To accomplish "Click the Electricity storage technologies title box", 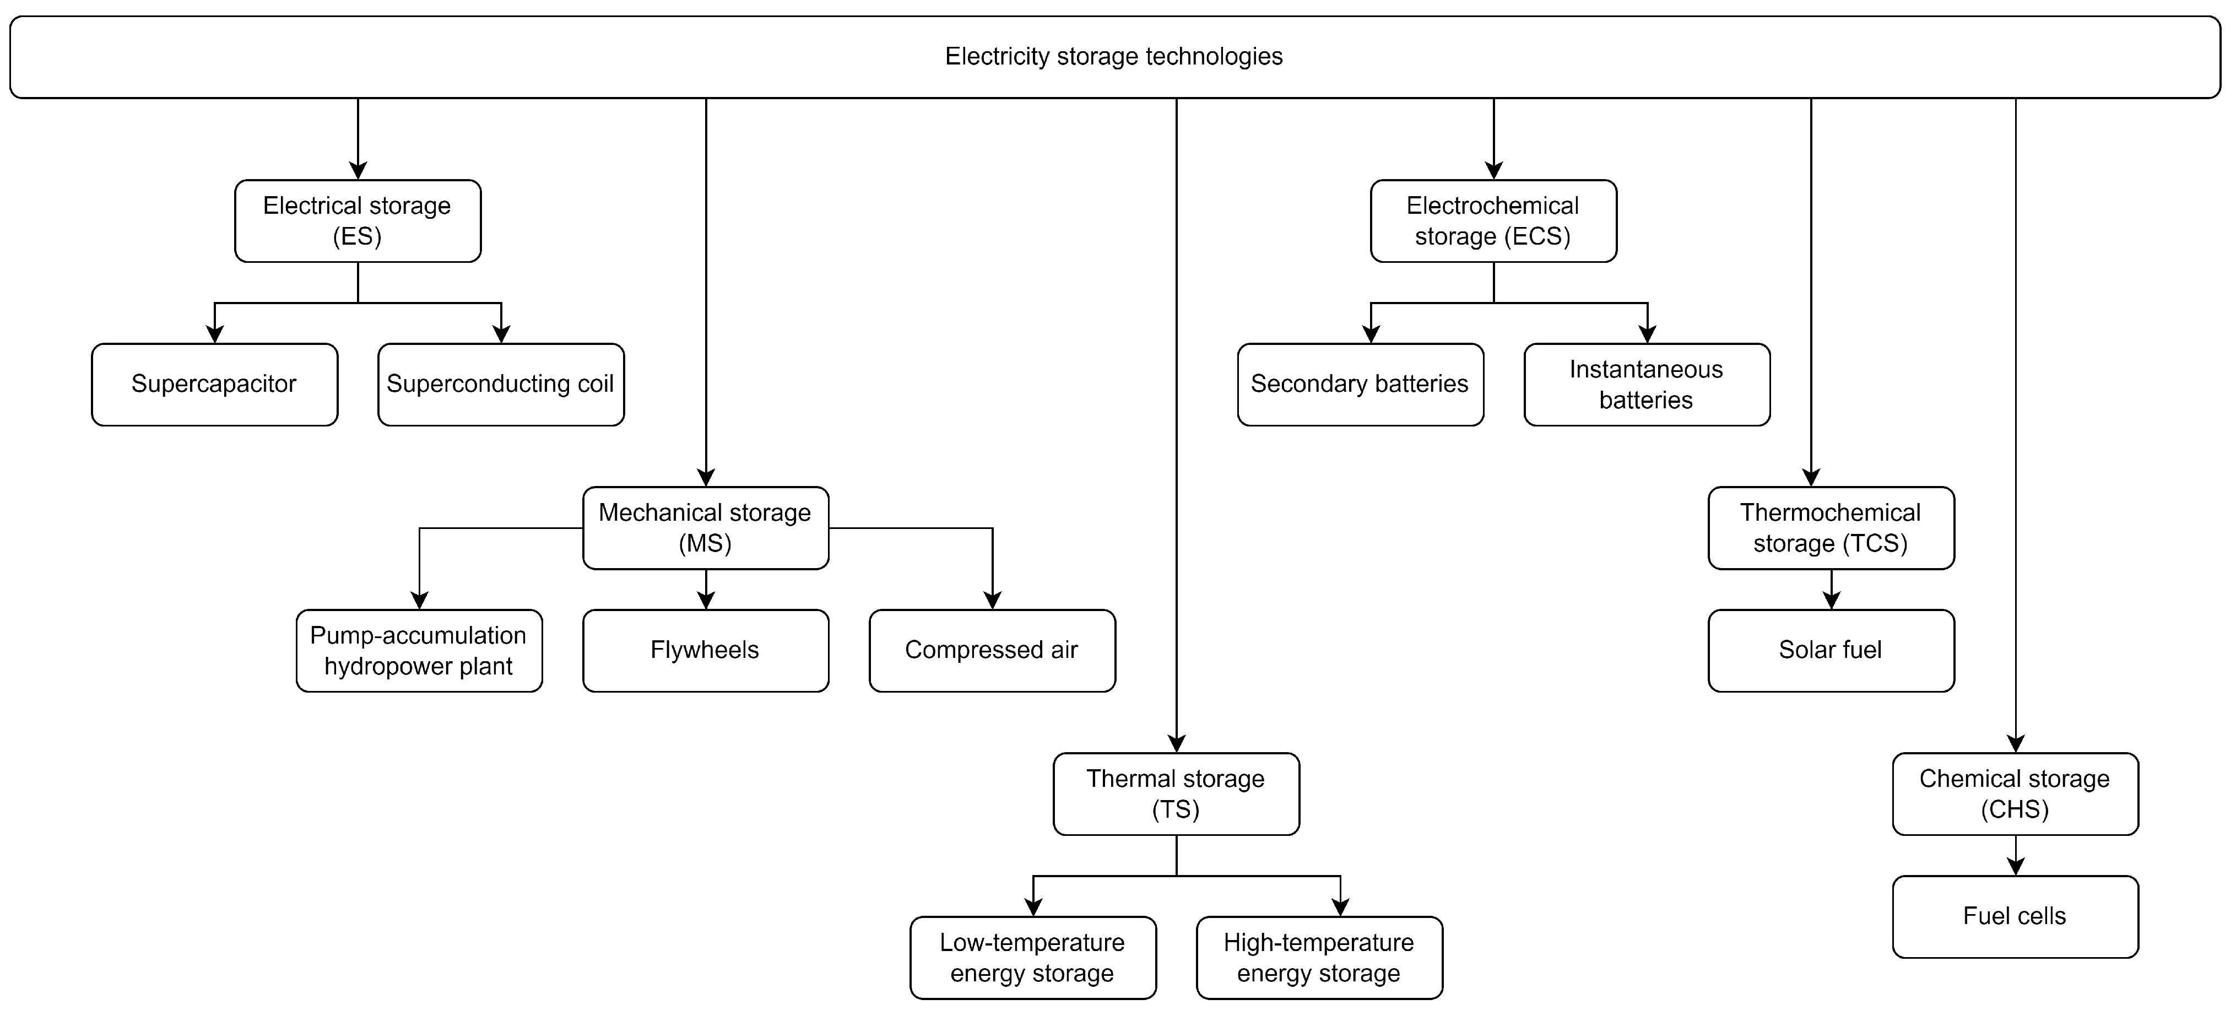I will point(1114,56).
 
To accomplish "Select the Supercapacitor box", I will point(214,384).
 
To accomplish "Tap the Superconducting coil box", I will point(501,384).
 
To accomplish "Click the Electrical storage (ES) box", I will point(358,220).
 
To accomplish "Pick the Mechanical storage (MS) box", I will point(706,527).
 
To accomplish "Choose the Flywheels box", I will point(706,650).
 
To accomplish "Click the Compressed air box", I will point(992,650).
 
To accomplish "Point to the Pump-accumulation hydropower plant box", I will point(419,650).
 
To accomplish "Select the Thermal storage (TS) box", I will point(1176,794).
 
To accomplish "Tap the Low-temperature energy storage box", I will point(1033,957).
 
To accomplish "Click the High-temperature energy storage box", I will point(1319,957).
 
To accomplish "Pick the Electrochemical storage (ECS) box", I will point(1493,220).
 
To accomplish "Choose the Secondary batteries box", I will point(1360,384).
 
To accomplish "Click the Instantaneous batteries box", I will point(1647,384).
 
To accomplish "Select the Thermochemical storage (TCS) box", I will point(1831,527).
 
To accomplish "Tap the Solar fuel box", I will point(1831,650).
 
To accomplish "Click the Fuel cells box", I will point(2015,916).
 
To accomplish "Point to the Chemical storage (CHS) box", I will point(2015,794).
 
